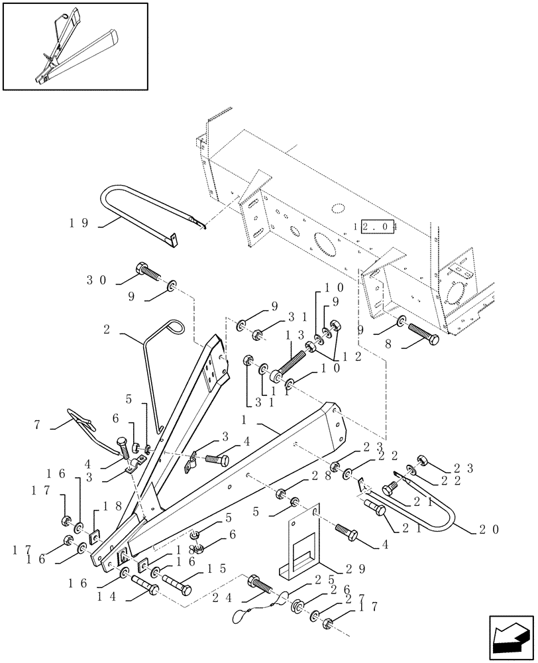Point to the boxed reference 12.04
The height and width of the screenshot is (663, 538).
(x=376, y=226)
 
